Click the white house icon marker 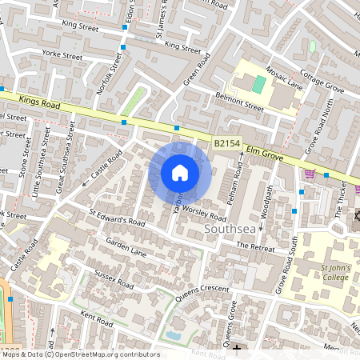[180, 172]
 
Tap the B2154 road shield [226, 143]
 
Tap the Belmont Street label [239, 105]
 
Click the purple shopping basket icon [310, 173]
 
